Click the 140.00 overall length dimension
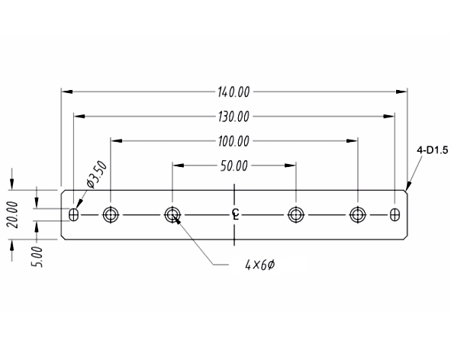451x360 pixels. point(234,92)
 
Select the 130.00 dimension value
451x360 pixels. point(234,117)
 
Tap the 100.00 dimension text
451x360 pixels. point(234,141)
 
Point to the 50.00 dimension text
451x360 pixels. point(234,166)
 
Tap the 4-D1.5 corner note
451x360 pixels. point(431,150)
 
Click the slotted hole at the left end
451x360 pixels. point(73,214)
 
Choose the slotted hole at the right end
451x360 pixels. point(394,214)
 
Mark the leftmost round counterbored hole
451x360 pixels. point(111,214)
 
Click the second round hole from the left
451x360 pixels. point(172,214)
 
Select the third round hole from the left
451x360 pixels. point(295,214)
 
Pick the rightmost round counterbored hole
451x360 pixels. point(356,214)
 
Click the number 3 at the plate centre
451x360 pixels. point(235,213)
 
